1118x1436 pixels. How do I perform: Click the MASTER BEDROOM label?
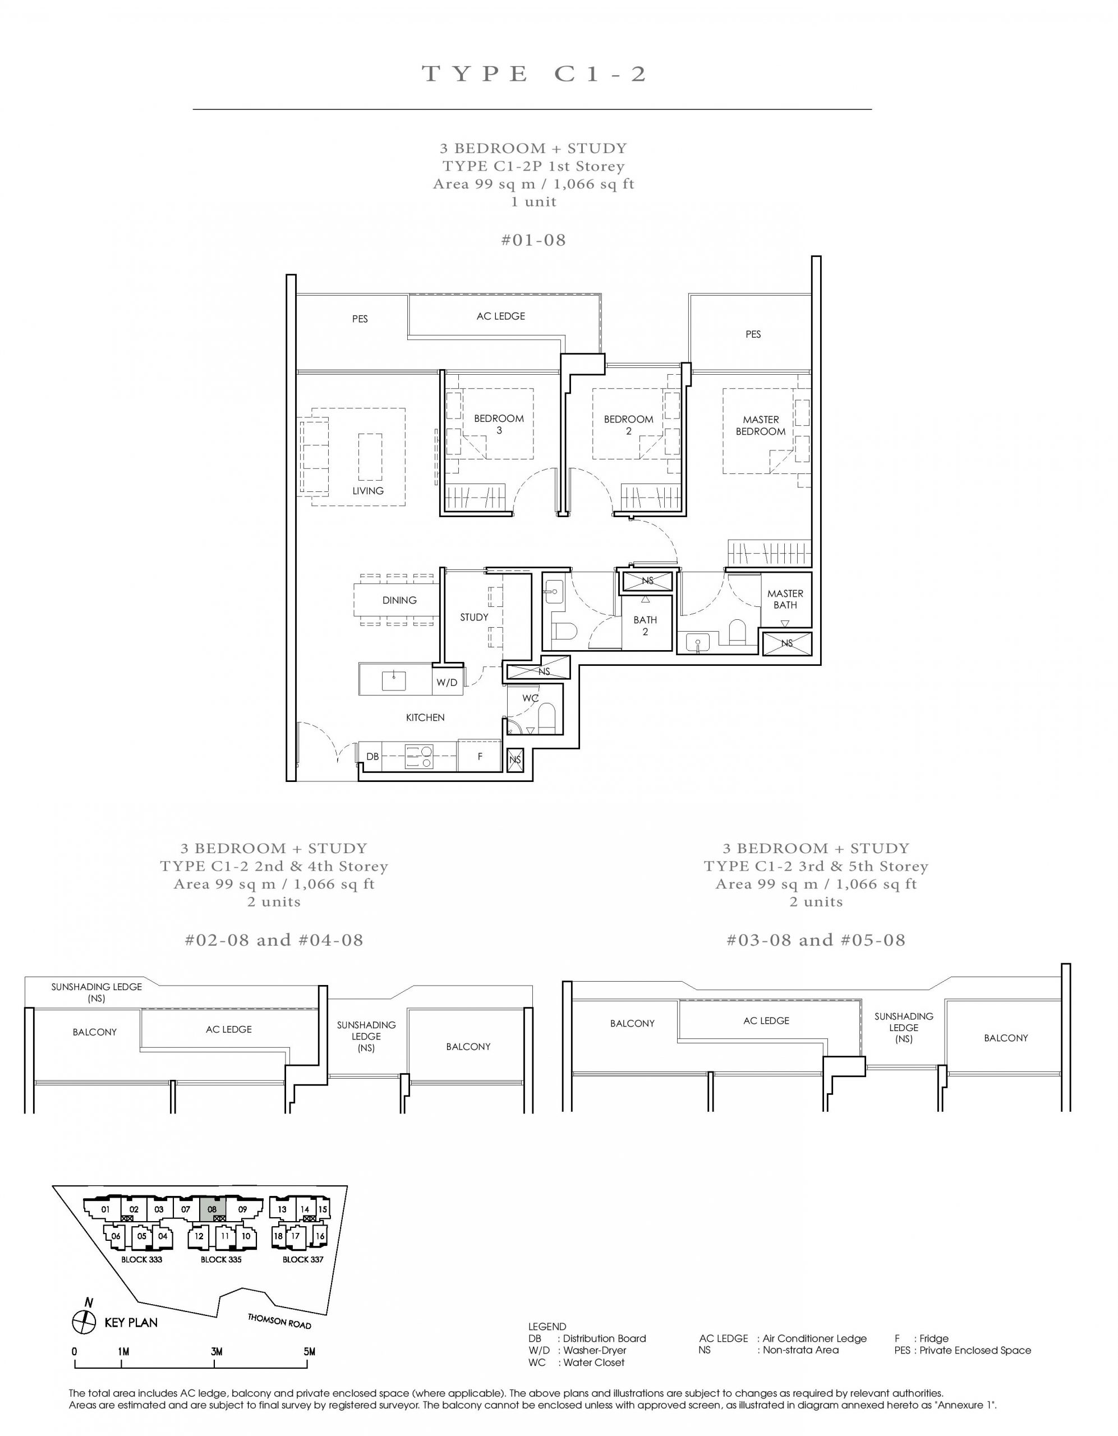tap(760, 425)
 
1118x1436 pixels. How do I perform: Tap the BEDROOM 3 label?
tap(499, 424)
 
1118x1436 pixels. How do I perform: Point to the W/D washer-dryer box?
tap(447, 683)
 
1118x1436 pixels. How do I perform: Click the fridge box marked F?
tap(480, 757)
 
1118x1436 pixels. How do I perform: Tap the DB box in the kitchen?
tap(372, 757)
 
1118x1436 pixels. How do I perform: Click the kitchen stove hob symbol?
tap(419, 757)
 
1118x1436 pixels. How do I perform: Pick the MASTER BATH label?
tap(785, 599)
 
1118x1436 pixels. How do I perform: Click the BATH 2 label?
tap(645, 625)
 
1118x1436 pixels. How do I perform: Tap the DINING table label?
tap(399, 600)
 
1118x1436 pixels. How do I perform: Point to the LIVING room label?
tap(367, 490)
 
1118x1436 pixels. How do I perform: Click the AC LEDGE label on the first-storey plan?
tap(500, 316)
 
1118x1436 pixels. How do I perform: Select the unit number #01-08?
tap(533, 240)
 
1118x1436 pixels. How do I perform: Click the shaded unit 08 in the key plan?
tap(211, 1208)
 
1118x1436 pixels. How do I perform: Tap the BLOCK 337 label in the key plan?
tap(302, 1260)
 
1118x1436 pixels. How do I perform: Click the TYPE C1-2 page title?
tap(534, 73)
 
